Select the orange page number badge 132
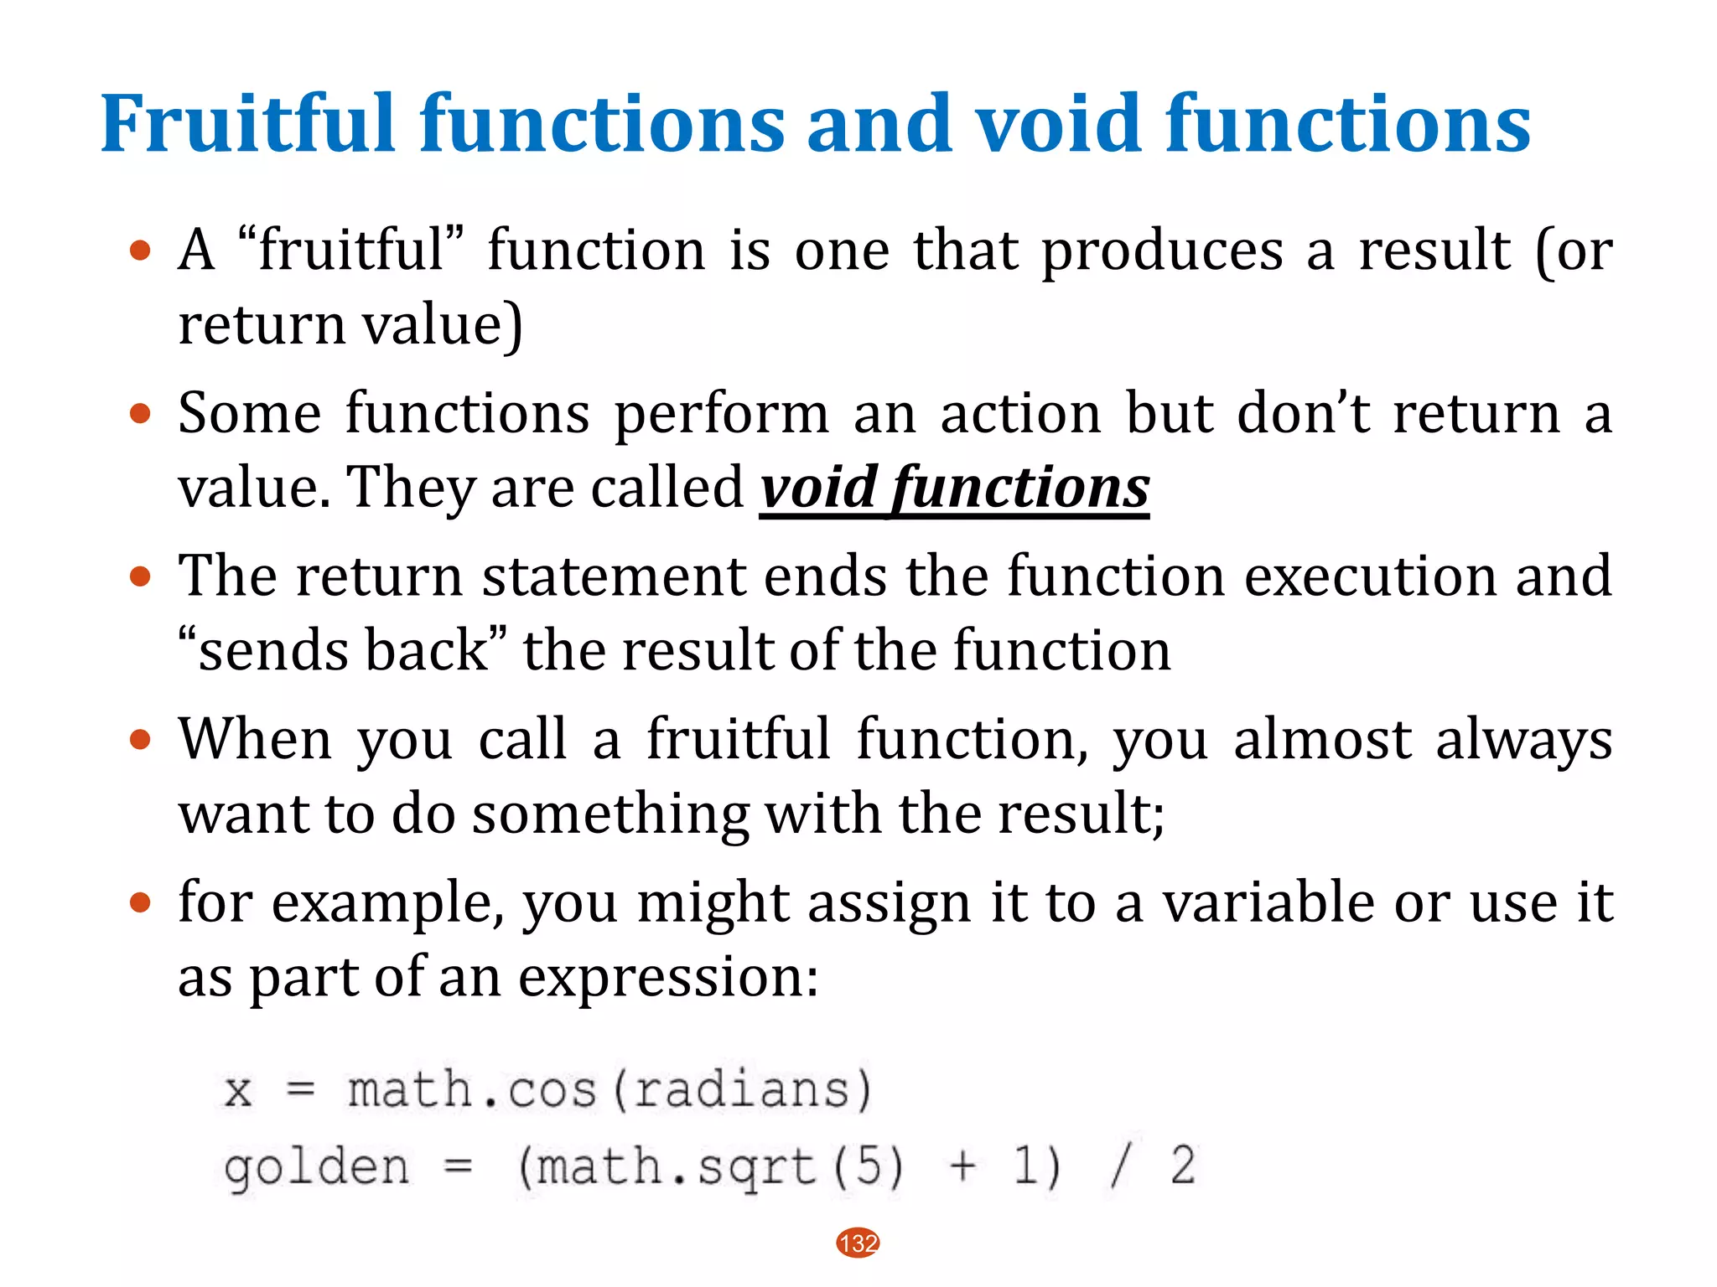858,1243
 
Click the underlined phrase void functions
954,488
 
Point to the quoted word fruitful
351,250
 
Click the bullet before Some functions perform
140,413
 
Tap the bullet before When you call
140,740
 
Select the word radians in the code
741,1090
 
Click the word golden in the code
317,1166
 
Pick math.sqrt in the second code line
675,1166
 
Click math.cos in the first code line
472,1090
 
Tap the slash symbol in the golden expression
1118,1166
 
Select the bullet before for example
140,903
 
